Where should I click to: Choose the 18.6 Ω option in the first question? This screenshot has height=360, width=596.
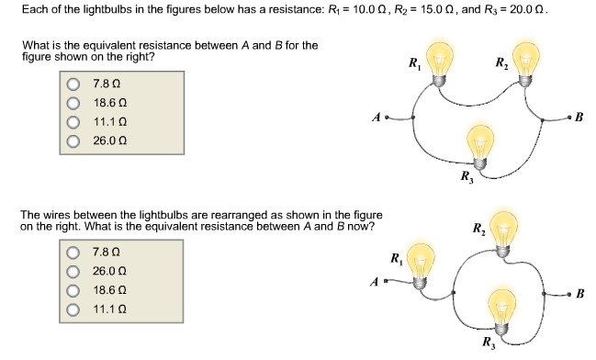(73, 103)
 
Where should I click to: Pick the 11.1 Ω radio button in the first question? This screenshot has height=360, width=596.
(73, 122)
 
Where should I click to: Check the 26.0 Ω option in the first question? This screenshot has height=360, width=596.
(73, 141)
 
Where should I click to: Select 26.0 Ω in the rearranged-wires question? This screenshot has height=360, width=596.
(73, 271)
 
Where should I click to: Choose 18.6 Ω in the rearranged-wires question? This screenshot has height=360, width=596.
(73, 289)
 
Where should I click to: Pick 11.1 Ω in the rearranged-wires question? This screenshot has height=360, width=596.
(73, 309)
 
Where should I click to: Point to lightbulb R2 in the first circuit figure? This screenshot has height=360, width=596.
(526, 60)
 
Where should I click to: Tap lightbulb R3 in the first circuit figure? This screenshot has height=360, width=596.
(479, 144)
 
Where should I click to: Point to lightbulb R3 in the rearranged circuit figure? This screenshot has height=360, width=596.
(500, 305)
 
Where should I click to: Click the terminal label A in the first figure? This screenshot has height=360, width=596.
(375, 117)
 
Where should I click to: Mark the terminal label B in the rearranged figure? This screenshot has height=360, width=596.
(579, 294)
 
